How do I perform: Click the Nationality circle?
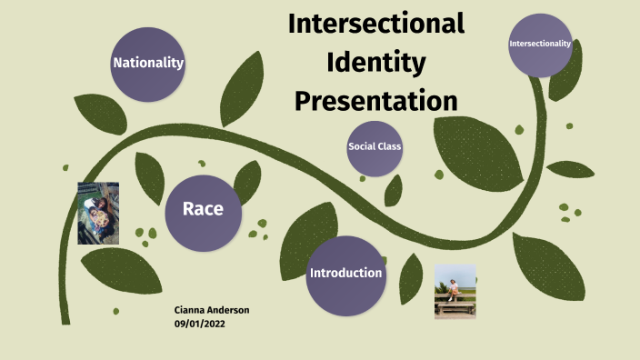[x=147, y=64]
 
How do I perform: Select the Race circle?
[x=203, y=213]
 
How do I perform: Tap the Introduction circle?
[x=345, y=275]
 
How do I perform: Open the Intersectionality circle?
[x=540, y=45]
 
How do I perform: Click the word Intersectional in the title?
[x=375, y=24]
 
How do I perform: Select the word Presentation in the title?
[x=375, y=99]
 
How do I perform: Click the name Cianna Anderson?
[x=212, y=310]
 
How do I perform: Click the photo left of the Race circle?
[x=98, y=213]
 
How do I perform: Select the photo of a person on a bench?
[x=455, y=291]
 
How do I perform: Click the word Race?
[x=203, y=209]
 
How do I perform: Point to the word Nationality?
[x=148, y=63]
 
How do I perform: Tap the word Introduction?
[x=346, y=273]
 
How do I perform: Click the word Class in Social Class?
[x=390, y=146]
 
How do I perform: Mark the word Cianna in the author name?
[x=190, y=310]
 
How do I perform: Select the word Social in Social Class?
[x=362, y=146]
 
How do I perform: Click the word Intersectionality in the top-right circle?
[x=540, y=43]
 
